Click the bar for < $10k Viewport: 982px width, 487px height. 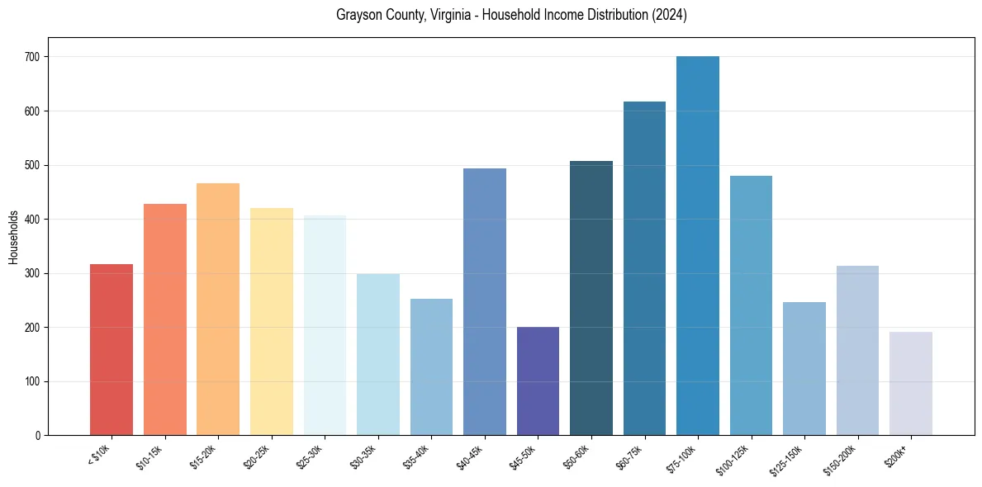pyautogui.click(x=111, y=349)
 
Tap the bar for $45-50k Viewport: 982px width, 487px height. pyautogui.click(x=538, y=381)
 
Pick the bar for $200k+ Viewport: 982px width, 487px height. pyautogui.click(x=911, y=383)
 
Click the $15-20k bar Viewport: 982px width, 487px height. pyautogui.click(x=218, y=309)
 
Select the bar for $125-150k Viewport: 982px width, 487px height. pyautogui.click(x=804, y=368)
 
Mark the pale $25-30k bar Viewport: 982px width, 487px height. pyautogui.click(x=325, y=325)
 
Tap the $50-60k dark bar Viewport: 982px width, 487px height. pyautogui.click(x=591, y=298)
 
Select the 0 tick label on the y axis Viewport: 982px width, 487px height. pyautogui.click(x=38, y=436)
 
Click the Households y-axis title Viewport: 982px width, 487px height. pyautogui.click(x=13, y=236)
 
